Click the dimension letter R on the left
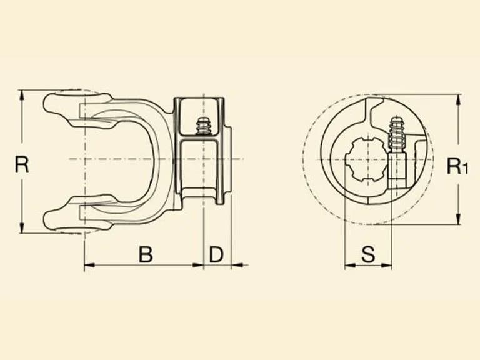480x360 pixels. point(22,164)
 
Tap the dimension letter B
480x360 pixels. point(146,254)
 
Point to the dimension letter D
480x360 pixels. point(216,254)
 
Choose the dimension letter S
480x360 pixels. point(368,254)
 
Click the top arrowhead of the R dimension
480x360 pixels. point(21,96)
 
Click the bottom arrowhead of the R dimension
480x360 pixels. point(21,227)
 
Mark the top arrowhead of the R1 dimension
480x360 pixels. point(458,100)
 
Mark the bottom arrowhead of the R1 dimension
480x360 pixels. point(458,219)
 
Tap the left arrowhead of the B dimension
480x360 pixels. point(90,265)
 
